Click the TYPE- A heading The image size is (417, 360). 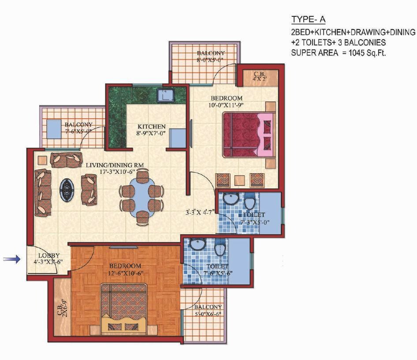coord(308,19)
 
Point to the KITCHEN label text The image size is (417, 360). coord(151,127)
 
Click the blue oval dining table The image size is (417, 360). coord(141,197)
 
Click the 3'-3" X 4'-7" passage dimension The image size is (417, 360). coord(200,212)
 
